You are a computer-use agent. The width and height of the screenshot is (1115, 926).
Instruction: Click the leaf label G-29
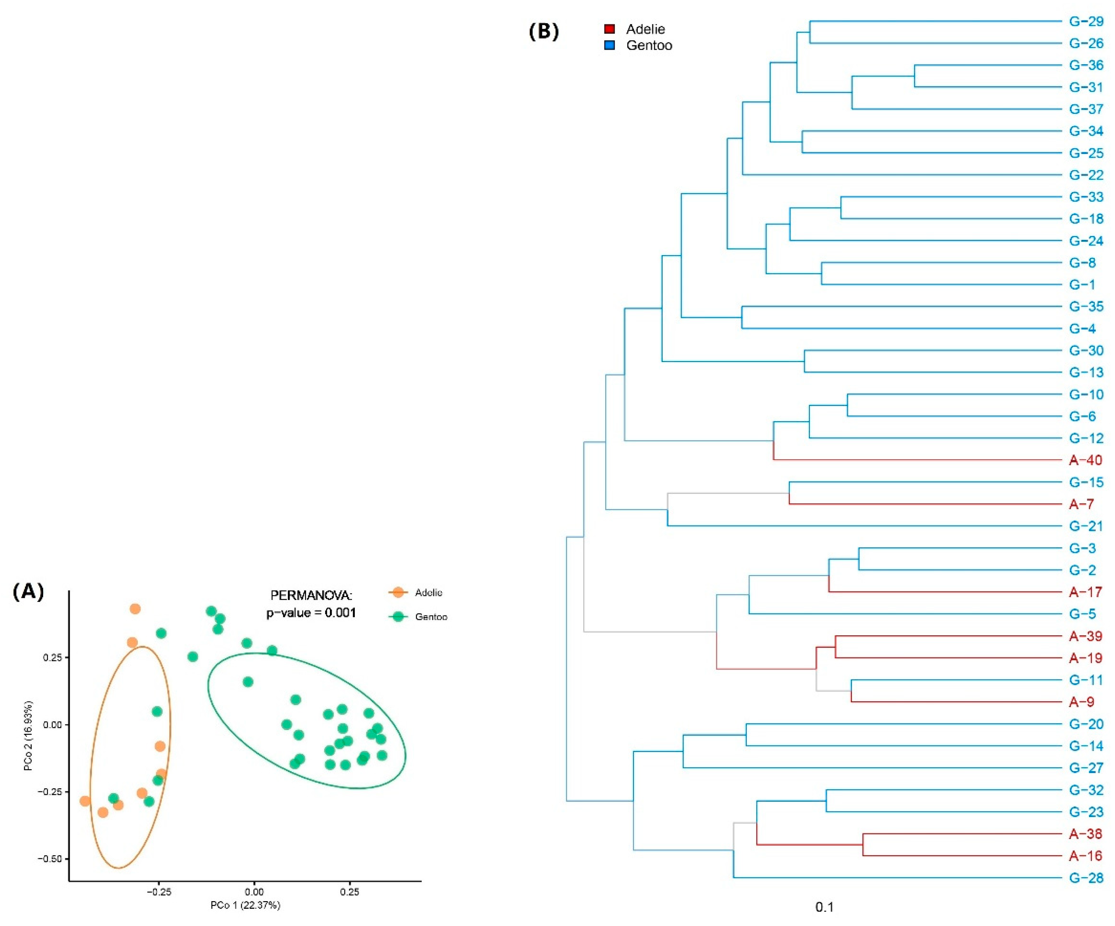[x=1086, y=21]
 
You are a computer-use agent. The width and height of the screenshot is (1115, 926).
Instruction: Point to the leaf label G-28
[x=1086, y=878]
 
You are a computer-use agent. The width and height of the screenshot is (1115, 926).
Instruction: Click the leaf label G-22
[x=1086, y=175]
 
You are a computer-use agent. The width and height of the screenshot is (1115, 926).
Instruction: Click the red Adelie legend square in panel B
[x=609, y=29]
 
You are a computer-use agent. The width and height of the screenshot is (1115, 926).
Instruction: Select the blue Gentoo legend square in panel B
[x=609, y=45]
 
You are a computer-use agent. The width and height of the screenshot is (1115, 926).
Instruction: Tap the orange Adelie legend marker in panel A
[x=398, y=592]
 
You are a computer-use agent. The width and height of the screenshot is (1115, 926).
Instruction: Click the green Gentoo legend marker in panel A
[x=398, y=616]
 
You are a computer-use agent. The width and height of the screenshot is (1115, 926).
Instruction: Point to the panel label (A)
[x=28, y=591]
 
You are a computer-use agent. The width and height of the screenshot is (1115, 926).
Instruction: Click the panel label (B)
[x=544, y=32]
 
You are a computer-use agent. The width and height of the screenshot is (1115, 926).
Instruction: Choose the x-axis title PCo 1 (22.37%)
[x=245, y=905]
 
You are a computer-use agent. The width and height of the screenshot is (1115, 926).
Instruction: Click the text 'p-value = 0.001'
[x=311, y=613]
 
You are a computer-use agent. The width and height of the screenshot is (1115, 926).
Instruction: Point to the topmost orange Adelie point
[x=135, y=608]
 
